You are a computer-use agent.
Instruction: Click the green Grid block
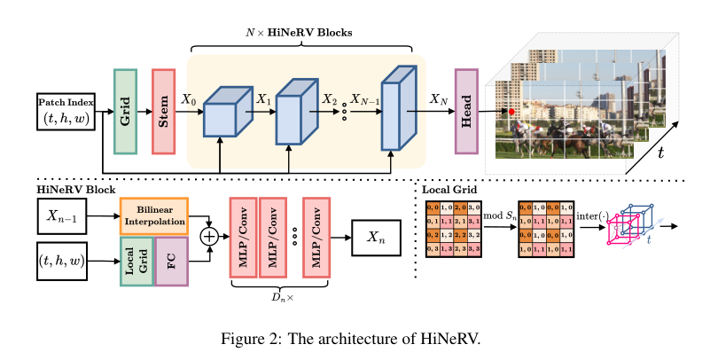coord(125,111)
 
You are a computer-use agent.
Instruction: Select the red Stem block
coord(165,111)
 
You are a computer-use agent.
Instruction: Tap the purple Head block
coord(466,111)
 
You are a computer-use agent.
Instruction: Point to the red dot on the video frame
coord(511,112)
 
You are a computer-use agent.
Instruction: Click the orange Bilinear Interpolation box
coord(153,215)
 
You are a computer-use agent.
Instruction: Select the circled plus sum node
coord(210,237)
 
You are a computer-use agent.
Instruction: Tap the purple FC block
coord(171,262)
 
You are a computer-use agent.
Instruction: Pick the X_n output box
coord(378,237)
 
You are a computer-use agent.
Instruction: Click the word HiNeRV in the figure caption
coord(453,339)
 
